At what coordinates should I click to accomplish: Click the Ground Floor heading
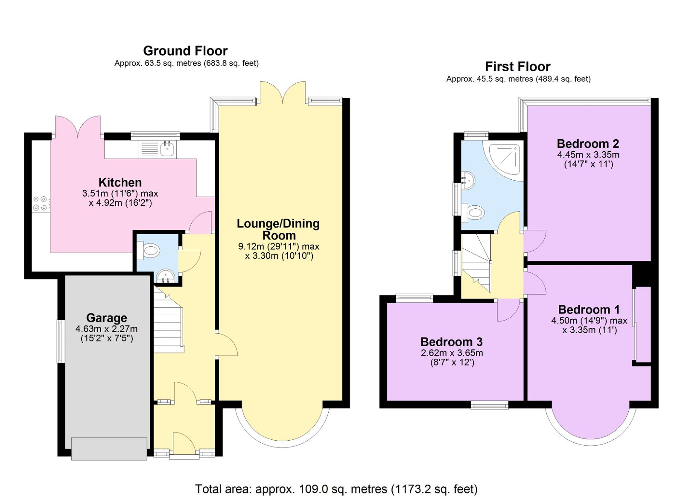pyautogui.click(x=185, y=51)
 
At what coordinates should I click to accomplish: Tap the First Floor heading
pyautogui.click(x=517, y=67)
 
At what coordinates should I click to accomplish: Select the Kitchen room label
pyautogui.click(x=120, y=182)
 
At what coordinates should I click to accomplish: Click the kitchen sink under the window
pyautogui.click(x=167, y=149)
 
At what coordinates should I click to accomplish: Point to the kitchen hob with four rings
pyautogui.click(x=41, y=203)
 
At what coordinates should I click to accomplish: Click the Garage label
pyautogui.click(x=107, y=318)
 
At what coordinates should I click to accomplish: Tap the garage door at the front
pyautogui.click(x=109, y=448)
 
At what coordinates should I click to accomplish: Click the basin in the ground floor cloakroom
pyautogui.click(x=166, y=276)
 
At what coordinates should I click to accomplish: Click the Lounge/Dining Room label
pyautogui.click(x=278, y=229)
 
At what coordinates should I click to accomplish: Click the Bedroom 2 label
pyautogui.click(x=588, y=143)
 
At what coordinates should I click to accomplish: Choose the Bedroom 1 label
pyautogui.click(x=589, y=310)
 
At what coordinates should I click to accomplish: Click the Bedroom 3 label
pyautogui.click(x=451, y=342)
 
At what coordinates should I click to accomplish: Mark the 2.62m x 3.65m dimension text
pyautogui.click(x=452, y=353)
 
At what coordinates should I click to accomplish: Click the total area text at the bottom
pyautogui.click(x=336, y=489)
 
